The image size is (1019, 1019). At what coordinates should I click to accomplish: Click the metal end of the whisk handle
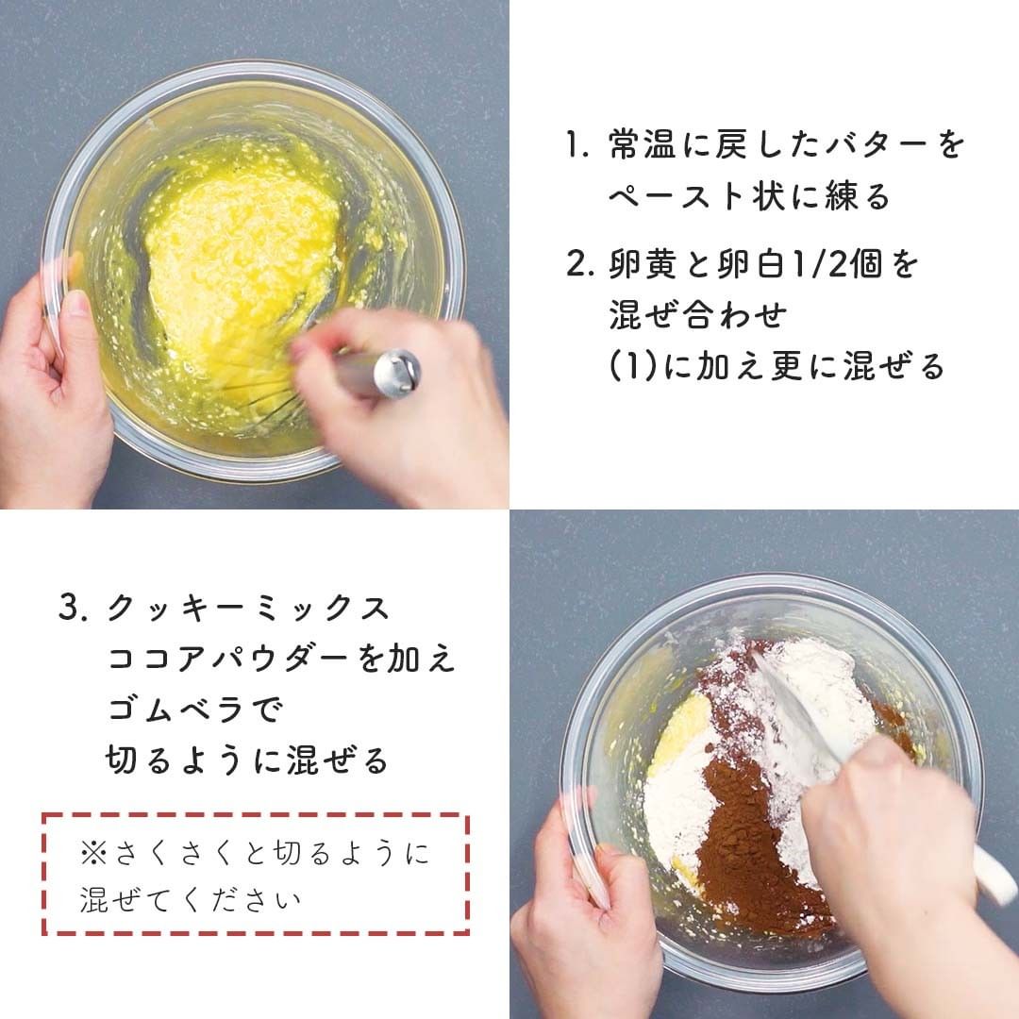[396, 374]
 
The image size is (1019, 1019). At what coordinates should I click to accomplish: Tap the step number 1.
[576, 144]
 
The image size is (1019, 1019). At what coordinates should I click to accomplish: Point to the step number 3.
[72, 609]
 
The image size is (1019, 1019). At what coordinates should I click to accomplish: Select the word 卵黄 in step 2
[643, 264]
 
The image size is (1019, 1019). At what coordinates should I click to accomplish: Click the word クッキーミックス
[248, 609]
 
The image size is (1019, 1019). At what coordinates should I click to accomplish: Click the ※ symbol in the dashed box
[93, 853]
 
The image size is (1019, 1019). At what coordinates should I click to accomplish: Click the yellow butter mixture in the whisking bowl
[243, 266]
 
